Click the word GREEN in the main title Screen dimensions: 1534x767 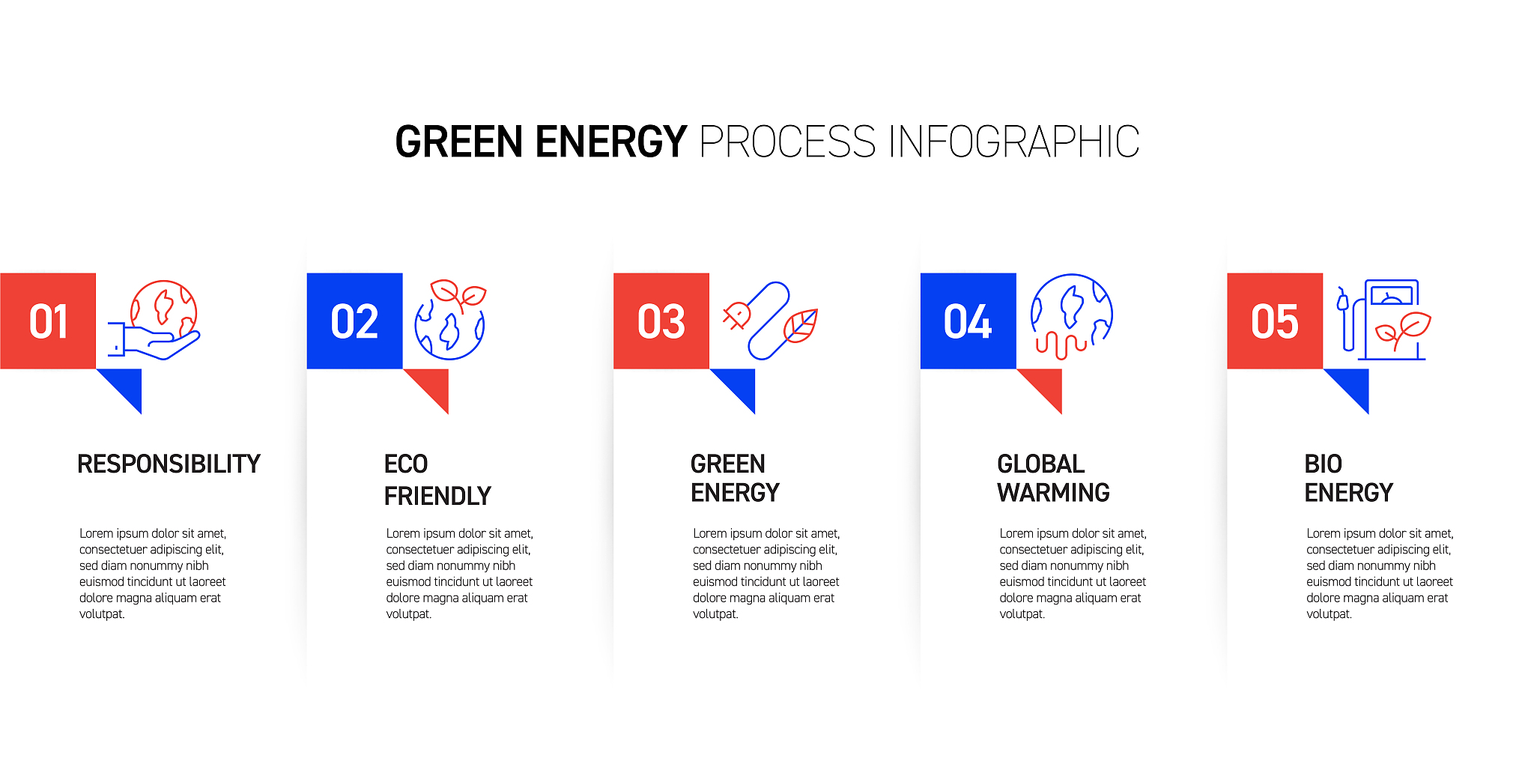458,142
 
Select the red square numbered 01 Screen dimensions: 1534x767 48,321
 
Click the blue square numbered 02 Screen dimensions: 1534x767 354,321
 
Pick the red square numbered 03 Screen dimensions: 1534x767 661,321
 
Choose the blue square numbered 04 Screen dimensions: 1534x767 968,321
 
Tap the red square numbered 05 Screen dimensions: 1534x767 1275,321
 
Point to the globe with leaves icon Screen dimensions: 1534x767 450,320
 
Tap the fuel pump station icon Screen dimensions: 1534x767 1383,320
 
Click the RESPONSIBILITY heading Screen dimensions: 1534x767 169,464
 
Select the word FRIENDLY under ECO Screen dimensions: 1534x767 437,496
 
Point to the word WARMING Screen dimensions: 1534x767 1053,493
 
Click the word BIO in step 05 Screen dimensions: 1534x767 1323,464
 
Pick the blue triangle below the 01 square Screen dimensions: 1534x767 127,383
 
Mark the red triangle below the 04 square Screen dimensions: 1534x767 1047,383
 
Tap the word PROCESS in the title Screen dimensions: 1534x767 787,142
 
